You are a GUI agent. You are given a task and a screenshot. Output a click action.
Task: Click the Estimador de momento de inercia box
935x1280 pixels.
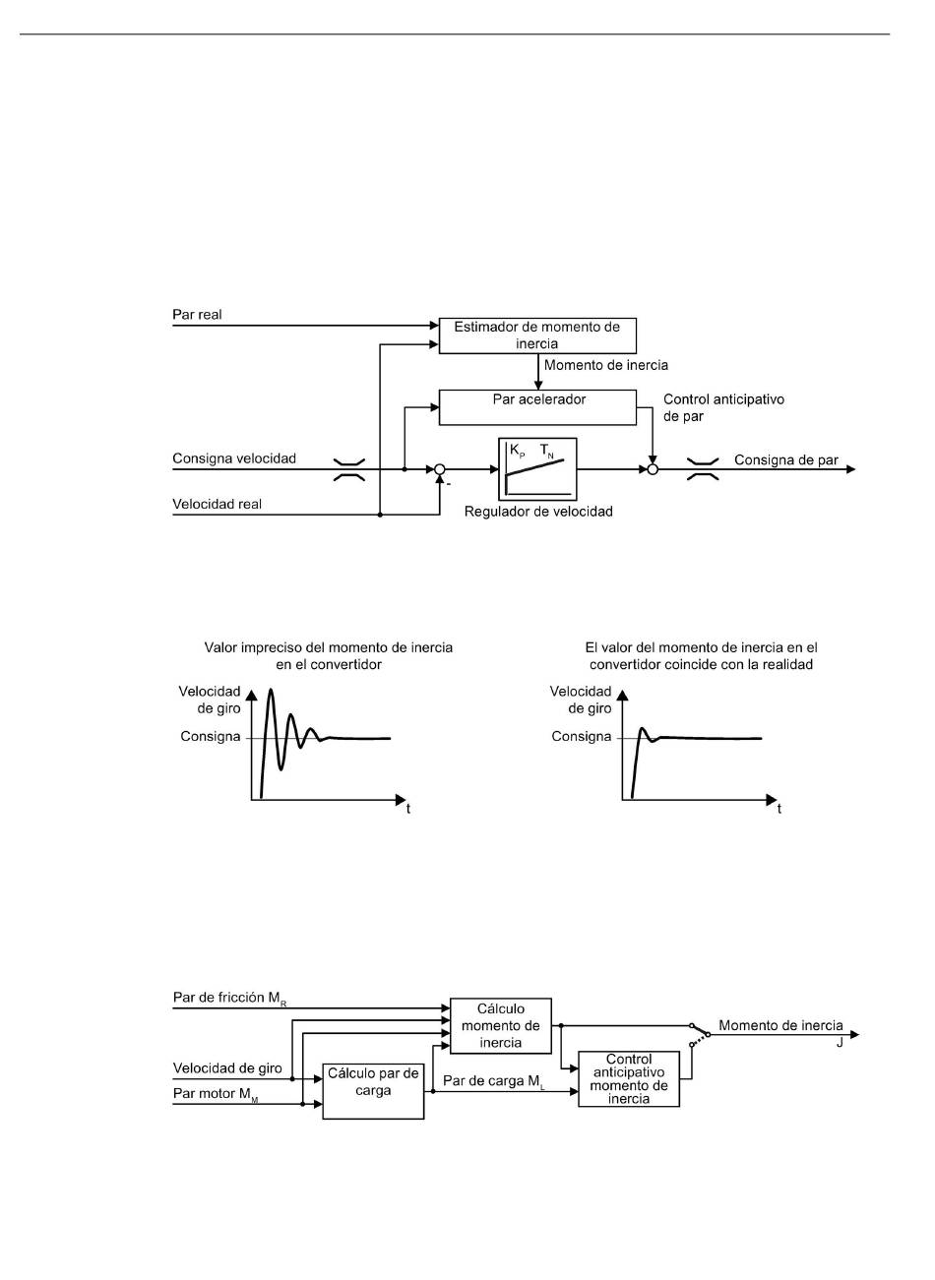pos(537,335)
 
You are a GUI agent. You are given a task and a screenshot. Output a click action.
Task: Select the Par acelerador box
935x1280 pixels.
pos(537,407)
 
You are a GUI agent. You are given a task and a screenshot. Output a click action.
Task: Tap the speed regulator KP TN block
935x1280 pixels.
pos(537,469)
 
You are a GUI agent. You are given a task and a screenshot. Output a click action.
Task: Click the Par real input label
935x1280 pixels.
pos(197,314)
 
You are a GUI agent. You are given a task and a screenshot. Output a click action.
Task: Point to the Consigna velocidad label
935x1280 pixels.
pos(234,458)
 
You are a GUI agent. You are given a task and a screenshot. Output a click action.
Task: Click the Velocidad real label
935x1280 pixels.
pos(218,504)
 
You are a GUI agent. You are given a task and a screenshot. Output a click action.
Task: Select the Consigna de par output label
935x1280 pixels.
pos(785,460)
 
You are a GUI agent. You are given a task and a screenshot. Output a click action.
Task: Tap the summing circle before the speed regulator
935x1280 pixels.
pos(440,469)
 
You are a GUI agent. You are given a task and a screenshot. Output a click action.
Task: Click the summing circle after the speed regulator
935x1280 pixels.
pos(653,469)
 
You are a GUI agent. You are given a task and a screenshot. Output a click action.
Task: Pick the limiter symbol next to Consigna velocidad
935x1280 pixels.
pos(349,469)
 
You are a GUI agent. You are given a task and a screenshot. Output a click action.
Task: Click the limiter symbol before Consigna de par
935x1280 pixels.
pos(703,469)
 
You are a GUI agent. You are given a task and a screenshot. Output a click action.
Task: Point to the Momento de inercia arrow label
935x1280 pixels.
pos(606,365)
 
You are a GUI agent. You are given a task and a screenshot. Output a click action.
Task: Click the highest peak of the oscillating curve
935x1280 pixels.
pos(271,690)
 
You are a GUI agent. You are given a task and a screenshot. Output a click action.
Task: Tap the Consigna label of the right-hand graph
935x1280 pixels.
pos(582,737)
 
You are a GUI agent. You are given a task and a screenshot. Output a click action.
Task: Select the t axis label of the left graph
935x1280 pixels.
pos(408,809)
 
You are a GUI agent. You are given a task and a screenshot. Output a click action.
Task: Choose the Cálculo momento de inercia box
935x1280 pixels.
pos(501,1026)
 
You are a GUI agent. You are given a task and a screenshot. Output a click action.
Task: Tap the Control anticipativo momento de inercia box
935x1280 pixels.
pos(629,1079)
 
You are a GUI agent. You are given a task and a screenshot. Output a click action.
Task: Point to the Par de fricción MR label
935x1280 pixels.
pos(229,998)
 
